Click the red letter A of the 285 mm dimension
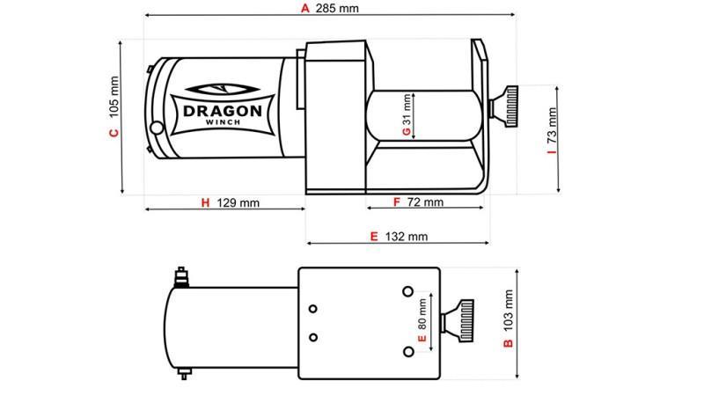pyautogui.click(x=305, y=9)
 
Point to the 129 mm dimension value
pyautogui.click(x=238, y=203)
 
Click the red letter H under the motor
pyautogui.click(x=205, y=203)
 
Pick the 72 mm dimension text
pyautogui.click(x=426, y=202)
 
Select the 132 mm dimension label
pyautogui.click(x=406, y=237)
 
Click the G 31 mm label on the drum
pyautogui.click(x=406, y=115)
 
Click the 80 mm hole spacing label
pyautogui.click(x=422, y=313)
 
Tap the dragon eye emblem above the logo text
pyautogui.click(x=220, y=89)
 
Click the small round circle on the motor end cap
pyautogui.click(x=157, y=128)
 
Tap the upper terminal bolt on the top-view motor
pyautogui.click(x=182, y=275)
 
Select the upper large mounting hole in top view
pyautogui.click(x=407, y=290)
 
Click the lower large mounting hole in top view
pyautogui.click(x=407, y=352)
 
